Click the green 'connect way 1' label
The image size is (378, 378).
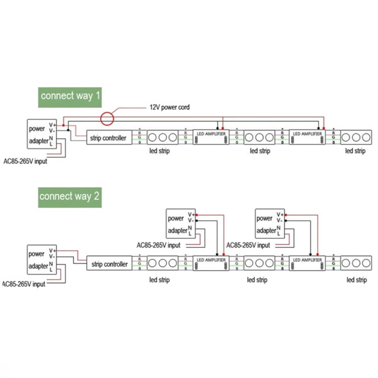point(70,96)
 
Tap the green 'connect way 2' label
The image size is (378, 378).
point(69,196)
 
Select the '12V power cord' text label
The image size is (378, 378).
point(169,107)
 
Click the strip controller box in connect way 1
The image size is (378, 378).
point(108,138)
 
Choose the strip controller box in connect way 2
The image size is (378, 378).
point(108,263)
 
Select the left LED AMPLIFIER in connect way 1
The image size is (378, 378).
point(211,137)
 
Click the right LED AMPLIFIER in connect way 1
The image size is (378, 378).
point(307,137)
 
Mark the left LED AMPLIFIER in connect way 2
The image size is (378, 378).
point(211,262)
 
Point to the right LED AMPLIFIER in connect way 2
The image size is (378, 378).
point(307,262)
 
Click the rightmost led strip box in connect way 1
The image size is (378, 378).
point(355,137)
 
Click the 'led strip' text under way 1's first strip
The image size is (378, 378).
point(159,151)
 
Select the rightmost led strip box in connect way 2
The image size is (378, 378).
point(355,262)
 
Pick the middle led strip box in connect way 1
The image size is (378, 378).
point(259,137)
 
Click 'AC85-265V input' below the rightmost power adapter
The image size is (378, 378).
point(248,245)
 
